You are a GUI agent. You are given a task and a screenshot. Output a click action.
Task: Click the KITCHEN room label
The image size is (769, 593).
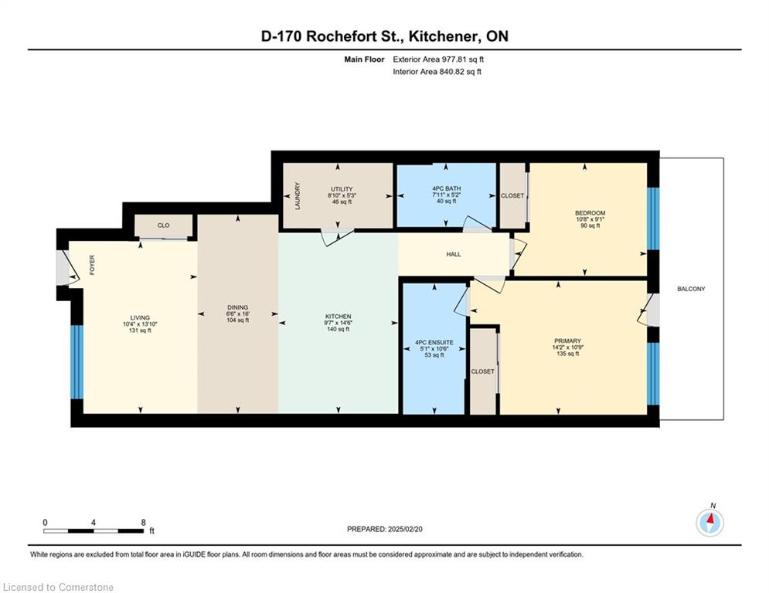(338, 317)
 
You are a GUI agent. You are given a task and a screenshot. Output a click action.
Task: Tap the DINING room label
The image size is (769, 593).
(237, 308)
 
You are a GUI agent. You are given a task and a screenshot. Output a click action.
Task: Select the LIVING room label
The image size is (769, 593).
(140, 317)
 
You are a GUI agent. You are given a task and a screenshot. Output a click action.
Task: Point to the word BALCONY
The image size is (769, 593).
(691, 289)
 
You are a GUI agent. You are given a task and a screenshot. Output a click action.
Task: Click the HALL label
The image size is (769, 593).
(453, 254)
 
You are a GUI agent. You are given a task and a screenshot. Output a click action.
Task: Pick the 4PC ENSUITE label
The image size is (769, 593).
(434, 343)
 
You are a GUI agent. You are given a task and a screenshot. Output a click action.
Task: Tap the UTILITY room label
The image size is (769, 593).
(342, 189)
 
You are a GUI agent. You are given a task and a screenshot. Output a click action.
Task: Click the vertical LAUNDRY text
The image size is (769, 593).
(297, 196)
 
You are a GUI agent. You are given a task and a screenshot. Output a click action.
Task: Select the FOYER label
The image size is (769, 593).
(92, 265)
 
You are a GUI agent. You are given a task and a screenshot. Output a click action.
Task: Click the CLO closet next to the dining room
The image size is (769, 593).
(163, 226)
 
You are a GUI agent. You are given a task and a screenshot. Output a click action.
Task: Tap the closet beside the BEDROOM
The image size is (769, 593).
(512, 195)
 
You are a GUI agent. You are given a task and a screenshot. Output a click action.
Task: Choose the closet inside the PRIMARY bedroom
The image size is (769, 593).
(483, 371)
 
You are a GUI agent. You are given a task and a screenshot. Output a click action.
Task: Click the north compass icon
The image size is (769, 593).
(709, 523)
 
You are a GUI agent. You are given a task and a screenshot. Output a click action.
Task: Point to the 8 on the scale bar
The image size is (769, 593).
(143, 523)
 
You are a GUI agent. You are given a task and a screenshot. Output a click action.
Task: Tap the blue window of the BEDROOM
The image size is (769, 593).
(653, 219)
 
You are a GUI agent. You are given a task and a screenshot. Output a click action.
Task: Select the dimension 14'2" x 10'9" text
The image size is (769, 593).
(567, 347)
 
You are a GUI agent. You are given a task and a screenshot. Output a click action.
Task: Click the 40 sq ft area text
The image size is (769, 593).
(446, 201)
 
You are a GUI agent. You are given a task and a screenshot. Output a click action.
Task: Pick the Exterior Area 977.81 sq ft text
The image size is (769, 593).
(438, 59)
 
